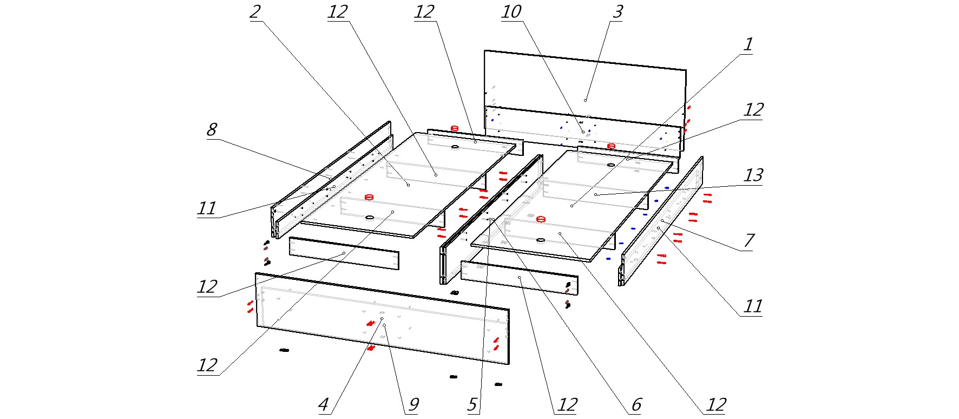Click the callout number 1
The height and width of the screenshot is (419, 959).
click(748, 44)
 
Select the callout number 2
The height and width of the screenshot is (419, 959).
click(255, 12)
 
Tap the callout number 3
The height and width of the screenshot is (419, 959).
click(618, 12)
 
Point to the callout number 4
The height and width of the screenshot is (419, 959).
click(323, 404)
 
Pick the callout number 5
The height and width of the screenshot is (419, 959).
click(472, 404)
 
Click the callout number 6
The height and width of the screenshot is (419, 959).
click(636, 404)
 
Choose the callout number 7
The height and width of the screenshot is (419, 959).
click(749, 240)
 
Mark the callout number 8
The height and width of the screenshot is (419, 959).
click(212, 129)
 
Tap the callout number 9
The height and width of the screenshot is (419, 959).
click(413, 404)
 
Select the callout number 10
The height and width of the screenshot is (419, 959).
click(511, 12)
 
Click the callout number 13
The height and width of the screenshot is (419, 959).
click(753, 175)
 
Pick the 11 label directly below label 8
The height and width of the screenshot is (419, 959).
click(207, 208)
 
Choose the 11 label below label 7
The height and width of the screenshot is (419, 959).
click(753, 307)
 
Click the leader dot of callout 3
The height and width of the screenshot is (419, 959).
click(585, 100)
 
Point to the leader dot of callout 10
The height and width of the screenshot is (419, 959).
click(583, 132)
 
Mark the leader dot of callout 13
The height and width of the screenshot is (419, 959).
click(595, 194)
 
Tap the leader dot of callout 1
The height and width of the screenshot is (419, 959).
click(572, 206)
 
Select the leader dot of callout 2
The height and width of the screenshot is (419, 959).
click(408, 185)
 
